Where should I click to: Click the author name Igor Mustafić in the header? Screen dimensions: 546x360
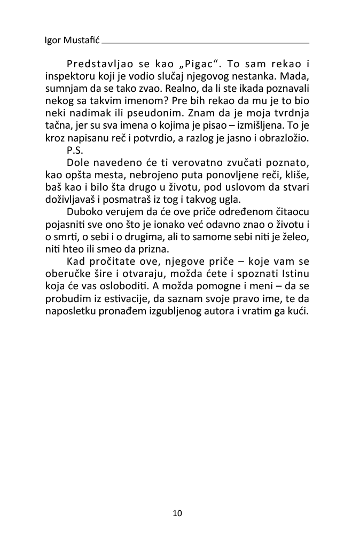[73, 41]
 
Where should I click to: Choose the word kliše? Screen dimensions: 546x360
[297, 174]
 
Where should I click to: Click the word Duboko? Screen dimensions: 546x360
[83, 210]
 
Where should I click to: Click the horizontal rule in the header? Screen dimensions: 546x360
[205, 42]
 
